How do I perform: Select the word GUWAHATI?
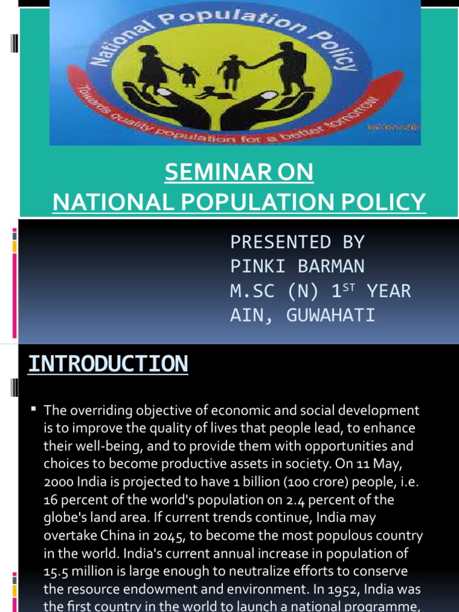(331, 315)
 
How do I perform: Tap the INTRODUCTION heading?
(108, 363)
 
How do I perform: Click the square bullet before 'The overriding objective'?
(33, 409)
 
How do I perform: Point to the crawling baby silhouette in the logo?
(209, 93)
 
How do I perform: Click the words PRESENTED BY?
(298, 242)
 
